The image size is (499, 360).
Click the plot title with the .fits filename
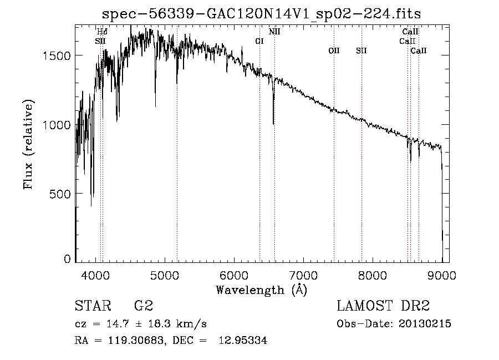261,13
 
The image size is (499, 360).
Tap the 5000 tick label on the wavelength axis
165,275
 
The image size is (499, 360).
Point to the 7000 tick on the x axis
303,275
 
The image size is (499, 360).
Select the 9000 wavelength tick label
442,275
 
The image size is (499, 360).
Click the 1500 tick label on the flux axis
57,55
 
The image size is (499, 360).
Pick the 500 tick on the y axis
60,194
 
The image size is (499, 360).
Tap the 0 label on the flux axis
67,259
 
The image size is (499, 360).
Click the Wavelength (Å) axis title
262,290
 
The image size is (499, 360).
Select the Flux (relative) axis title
28,144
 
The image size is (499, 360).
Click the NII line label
274,32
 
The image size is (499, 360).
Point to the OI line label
259,41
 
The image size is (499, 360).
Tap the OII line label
334,50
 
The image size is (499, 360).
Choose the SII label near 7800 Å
361,50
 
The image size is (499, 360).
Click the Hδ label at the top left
102,32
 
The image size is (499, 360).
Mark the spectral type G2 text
144,306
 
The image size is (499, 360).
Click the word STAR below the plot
93,306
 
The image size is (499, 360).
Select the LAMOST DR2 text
383,306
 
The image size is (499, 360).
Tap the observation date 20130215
425,324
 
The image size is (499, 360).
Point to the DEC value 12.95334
243,340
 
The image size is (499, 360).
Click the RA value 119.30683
136,340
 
